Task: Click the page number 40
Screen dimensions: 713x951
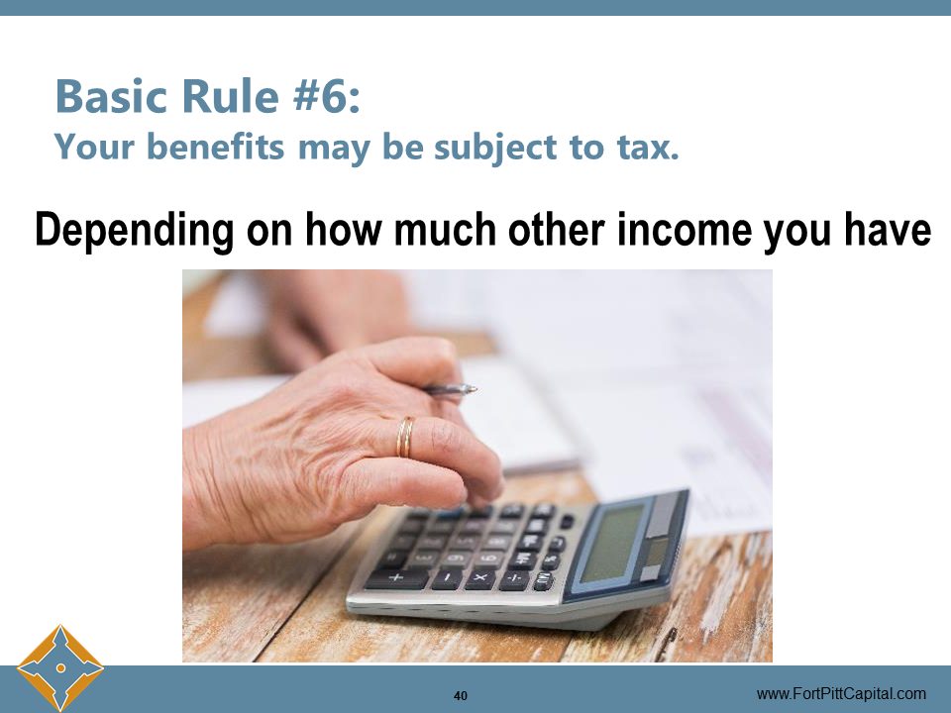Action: pyautogui.click(x=461, y=695)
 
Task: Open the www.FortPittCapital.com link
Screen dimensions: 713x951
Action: pyautogui.click(x=841, y=694)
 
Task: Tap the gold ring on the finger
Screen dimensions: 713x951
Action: pyautogui.click(x=405, y=437)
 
